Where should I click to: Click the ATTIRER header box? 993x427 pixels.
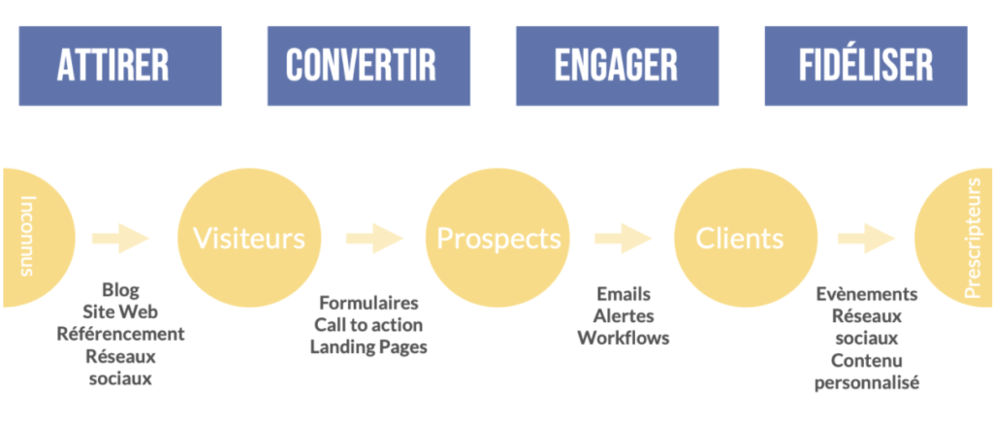(120, 66)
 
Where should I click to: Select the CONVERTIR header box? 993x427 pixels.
(368, 66)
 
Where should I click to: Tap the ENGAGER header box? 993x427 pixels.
(618, 66)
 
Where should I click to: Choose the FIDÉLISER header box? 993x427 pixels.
(866, 66)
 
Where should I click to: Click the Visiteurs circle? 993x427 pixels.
(249, 238)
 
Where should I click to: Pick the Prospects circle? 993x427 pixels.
(497, 238)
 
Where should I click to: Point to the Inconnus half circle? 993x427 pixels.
(38, 238)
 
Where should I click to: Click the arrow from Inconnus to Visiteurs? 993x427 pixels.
(120, 238)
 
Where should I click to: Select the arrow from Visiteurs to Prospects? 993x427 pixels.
(374, 238)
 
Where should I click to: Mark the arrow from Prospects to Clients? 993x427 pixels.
(624, 238)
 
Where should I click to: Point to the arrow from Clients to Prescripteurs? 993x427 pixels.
(866, 238)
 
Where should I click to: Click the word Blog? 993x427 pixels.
(120, 290)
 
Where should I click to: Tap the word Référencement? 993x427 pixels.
(120, 334)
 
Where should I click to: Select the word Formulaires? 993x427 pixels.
(368, 303)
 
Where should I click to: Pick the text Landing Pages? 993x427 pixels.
(368, 347)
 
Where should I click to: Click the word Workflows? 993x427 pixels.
(624, 338)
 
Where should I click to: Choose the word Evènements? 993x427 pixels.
(866, 295)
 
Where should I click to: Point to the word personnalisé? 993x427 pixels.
(866, 383)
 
